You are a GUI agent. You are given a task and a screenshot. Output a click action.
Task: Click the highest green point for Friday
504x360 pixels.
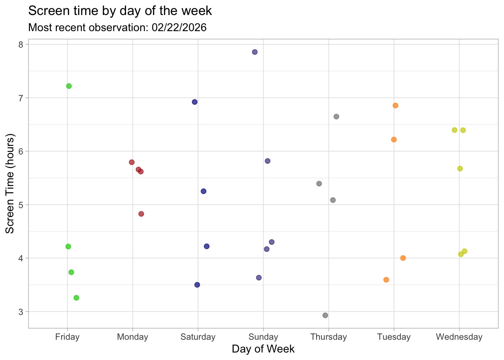click(69, 86)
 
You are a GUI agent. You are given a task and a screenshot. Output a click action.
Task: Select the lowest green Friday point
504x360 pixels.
click(76, 298)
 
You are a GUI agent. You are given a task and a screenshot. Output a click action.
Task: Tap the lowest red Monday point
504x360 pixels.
click(141, 214)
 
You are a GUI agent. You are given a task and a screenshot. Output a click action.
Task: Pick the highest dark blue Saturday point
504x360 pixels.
click(195, 102)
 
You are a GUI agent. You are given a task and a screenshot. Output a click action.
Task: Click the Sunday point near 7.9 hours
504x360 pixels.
click(255, 52)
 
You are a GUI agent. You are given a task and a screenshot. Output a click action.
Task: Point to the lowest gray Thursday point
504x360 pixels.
click(325, 315)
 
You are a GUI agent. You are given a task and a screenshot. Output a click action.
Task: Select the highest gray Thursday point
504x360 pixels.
click(336, 117)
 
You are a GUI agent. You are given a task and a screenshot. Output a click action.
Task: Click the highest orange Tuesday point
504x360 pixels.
click(395, 105)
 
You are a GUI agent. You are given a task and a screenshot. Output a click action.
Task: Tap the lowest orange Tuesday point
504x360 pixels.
click(386, 280)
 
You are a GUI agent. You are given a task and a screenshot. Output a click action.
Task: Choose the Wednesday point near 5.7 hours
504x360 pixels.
click(460, 169)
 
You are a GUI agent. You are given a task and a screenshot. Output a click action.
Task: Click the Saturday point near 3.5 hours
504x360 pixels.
click(197, 285)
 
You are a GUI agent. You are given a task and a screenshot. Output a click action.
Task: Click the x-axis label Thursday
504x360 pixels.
click(328, 337)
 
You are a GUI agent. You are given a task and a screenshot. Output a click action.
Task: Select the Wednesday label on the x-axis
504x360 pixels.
click(459, 337)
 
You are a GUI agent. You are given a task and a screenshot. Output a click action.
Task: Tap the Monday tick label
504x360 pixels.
click(132, 337)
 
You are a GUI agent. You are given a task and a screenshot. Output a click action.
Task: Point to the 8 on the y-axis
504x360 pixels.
click(21, 45)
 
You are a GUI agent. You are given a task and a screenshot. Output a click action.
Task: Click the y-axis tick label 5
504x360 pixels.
click(21, 205)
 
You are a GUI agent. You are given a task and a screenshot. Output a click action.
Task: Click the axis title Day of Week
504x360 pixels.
click(263, 349)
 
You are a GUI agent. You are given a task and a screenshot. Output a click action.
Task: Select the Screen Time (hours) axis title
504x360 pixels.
click(10, 184)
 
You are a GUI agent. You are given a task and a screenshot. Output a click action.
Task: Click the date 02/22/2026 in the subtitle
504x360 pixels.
click(179, 27)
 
